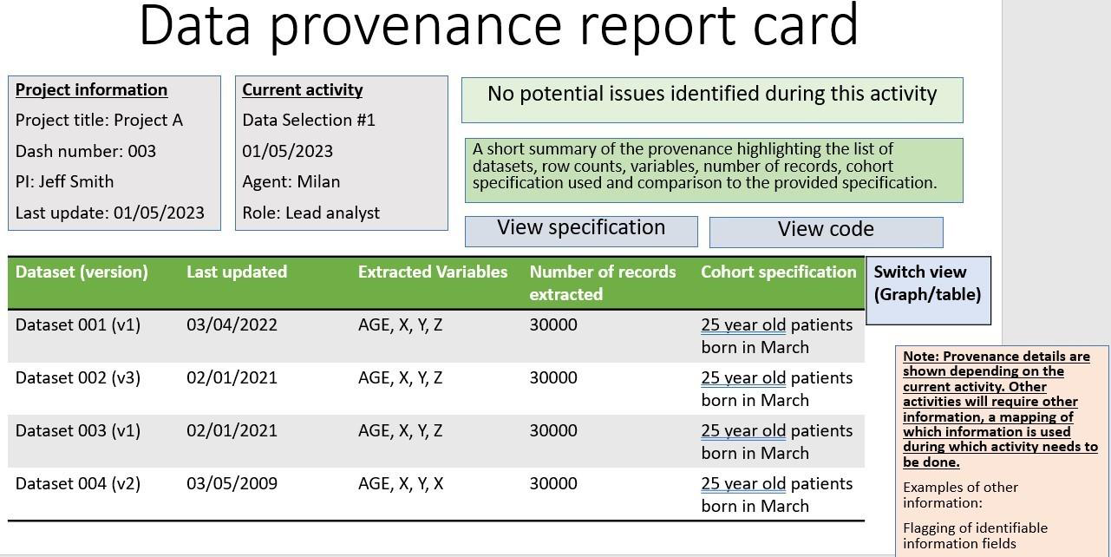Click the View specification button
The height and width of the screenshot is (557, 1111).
pyautogui.click(x=581, y=231)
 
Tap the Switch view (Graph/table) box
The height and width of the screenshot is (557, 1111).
pyautogui.click(x=929, y=291)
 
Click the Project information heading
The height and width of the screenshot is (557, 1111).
pyautogui.click(x=91, y=90)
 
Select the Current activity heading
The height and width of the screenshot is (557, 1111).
pyautogui.click(x=303, y=90)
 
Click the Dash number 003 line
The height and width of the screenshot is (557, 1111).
pyautogui.click(x=86, y=151)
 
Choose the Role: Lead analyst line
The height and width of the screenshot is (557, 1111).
pyautogui.click(x=311, y=213)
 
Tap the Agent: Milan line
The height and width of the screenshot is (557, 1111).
pyautogui.click(x=291, y=181)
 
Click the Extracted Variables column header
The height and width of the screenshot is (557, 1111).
pyautogui.click(x=433, y=272)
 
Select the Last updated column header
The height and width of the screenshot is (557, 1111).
pyautogui.click(x=237, y=272)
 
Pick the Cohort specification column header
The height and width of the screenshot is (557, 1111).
pyautogui.click(x=779, y=272)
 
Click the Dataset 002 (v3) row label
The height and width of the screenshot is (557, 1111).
pyautogui.click(x=78, y=378)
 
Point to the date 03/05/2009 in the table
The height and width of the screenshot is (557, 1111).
pyautogui.click(x=232, y=483)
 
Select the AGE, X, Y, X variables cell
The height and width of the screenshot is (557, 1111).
pyautogui.click(x=401, y=484)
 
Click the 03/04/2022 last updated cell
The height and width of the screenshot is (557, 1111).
pyautogui.click(x=232, y=324)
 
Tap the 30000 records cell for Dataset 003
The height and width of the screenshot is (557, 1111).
pyautogui.click(x=553, y=430)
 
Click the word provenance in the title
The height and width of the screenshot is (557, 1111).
pyautogui.click(x=415, y=27)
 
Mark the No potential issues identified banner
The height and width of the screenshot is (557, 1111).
pyautogui.click(x=712, y=100)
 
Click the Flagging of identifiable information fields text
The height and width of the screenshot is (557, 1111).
pyautogui.click(x=975, y=535)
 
